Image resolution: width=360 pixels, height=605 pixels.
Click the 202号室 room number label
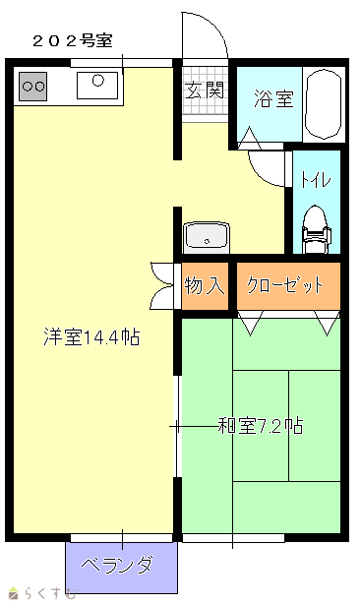(73, 41)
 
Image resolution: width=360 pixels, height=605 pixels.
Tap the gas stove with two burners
(32, 87)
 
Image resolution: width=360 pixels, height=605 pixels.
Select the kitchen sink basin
(97, 86)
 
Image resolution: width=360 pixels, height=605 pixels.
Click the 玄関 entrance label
(205, 91)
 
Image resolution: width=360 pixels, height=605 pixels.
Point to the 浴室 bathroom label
(274, 98)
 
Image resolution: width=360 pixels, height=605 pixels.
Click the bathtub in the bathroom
(324, 104)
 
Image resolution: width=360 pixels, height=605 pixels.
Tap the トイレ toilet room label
(316, 179)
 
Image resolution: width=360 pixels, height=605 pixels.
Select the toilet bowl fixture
(317, 229)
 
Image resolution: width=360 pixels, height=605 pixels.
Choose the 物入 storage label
(205, 285)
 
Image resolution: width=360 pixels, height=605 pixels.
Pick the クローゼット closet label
(285, 285)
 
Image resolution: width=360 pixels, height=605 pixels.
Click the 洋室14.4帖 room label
(91, 336)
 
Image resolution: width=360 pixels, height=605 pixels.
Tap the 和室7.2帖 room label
(261, 426)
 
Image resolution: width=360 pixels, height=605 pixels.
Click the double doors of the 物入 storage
(162, 285)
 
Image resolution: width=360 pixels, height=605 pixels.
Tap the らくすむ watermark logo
(42, 592)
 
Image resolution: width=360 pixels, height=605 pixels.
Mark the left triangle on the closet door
(250, 324)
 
